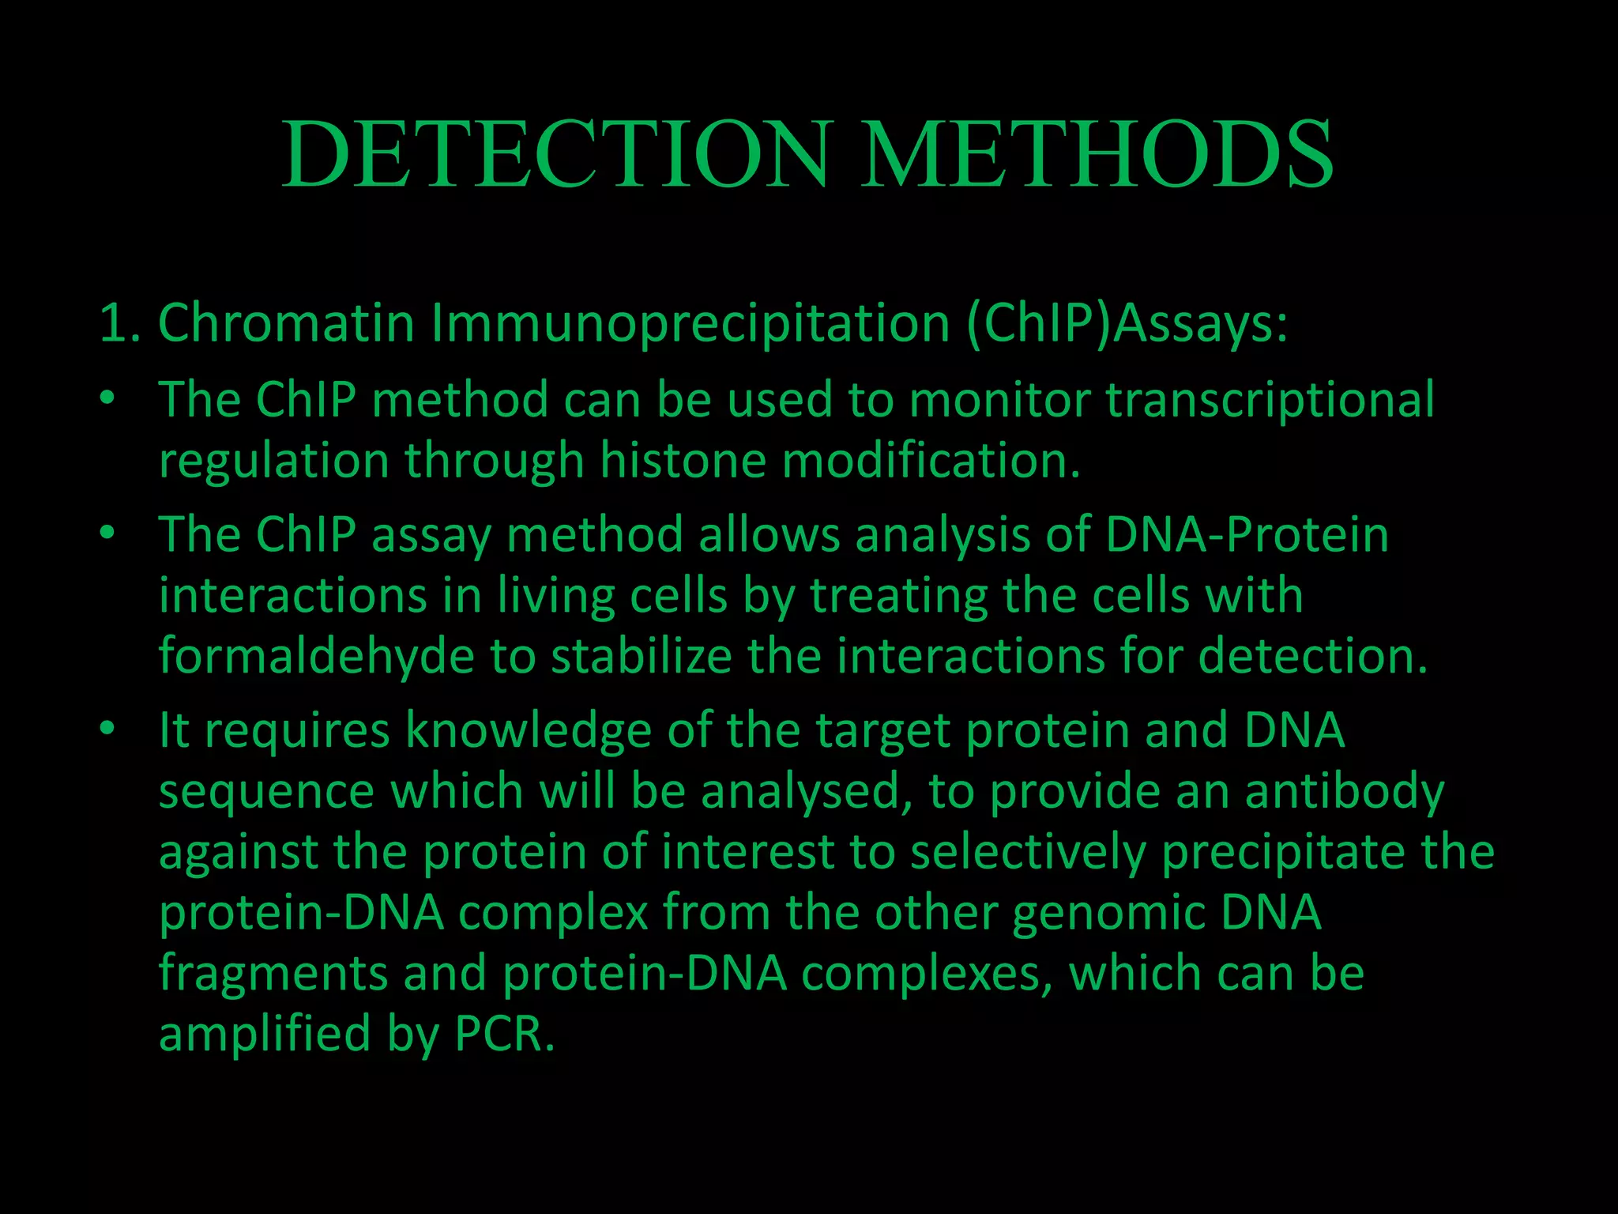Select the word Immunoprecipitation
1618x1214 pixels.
pyautogui.click(x=690, y=323)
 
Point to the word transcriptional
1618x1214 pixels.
pyautogui.click(x=1270, y=400)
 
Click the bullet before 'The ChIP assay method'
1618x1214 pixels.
pyautogui.click(x=108, y=533)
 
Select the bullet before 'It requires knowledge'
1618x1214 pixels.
pyautogui.click(x=108, y=728)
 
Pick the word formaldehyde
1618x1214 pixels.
pyautogui.click(x=316, y=656)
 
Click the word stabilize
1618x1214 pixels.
pyautogui.click(x=641, y=656)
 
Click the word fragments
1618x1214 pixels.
pyautogui.click(x=273, y=975)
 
